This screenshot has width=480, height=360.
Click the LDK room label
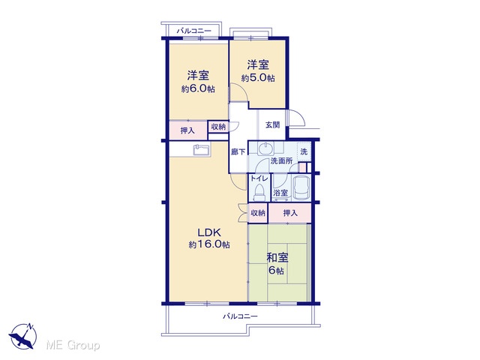click(209, 232)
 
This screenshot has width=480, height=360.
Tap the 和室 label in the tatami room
click(277, 258)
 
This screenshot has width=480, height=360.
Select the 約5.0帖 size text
click(258, 78)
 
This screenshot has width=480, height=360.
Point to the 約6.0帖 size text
click(198, 89)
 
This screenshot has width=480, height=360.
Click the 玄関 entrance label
click(272, 125)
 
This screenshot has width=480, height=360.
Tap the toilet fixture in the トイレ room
click(259, 192)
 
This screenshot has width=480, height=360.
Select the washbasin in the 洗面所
click(265, 148)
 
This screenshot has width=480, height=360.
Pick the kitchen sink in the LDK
click(202, 150)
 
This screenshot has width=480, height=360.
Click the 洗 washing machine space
click(304, 151)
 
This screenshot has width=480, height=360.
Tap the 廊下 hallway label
click(238, 151)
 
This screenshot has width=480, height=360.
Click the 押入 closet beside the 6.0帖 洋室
click(188, 130)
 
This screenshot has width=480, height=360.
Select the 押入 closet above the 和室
click(290, 213)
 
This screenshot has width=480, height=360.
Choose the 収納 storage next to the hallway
click(218, 127)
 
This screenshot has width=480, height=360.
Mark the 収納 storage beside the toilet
click(258, 213)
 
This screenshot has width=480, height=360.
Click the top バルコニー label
click(193, 31)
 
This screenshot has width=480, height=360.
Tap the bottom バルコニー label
click(240, 316)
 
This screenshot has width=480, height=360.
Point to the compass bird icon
click(22, 336)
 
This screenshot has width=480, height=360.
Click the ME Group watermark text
click(73, 345)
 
